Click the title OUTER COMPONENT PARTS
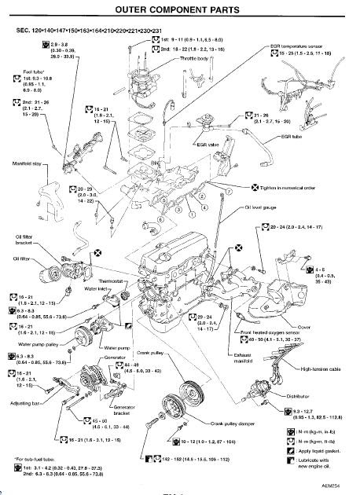(179, 9)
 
